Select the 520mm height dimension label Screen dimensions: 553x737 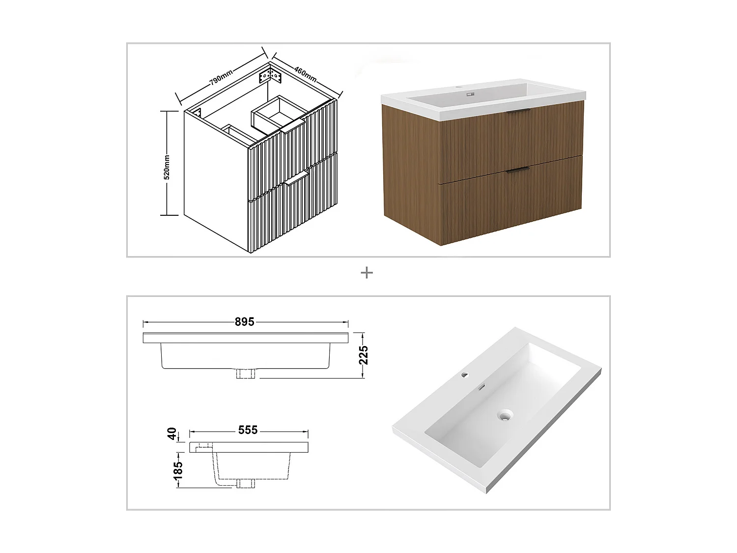click(x=167, y=167)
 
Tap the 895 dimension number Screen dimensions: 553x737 click(x=244, y=322)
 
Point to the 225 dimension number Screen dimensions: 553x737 click(x=364, y=355)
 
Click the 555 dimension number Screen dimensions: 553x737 click(x=248, y=430)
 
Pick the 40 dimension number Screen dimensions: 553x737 click(x=172, y=434)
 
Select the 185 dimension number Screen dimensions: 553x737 click(x=178, y=468)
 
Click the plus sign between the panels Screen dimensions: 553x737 click(x=367, y=273)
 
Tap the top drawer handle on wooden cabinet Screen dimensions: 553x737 click(x=518, y=112)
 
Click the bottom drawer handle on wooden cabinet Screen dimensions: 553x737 click(x=517, y=170)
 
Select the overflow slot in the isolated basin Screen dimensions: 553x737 click(x=482, y=387)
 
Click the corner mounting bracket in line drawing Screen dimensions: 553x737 click(x=270, y=76)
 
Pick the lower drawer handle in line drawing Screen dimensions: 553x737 click(x=296, y=180)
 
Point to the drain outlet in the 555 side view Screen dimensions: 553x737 click(x=246, y=483)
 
